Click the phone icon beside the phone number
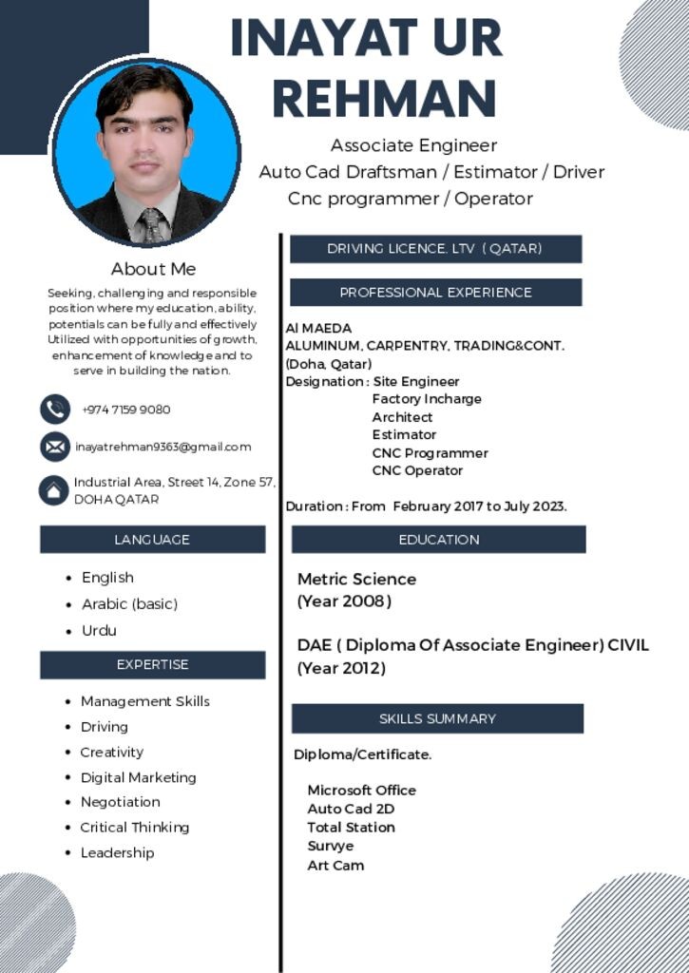coord(55,410)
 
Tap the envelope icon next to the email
coord(55,447)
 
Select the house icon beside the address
coord(53,490)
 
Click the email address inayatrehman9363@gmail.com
coord(163,447)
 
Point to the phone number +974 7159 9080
coord(126,410)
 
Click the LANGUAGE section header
coord(152,540)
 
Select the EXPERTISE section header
coord(152,665)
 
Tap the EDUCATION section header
coord(438,540)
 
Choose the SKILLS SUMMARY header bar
coord(437,718)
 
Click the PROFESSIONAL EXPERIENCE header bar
coord(435,293)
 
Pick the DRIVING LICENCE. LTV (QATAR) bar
coord(434,249)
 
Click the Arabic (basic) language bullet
coord(129,604)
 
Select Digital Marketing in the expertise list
coord(138,777)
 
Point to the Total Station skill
coord(351,828)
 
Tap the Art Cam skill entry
coord(335,866)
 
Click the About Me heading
coord(153,269)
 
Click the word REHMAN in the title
coord(384,98)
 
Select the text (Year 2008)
coord(344,601)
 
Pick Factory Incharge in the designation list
coord(426,399)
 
